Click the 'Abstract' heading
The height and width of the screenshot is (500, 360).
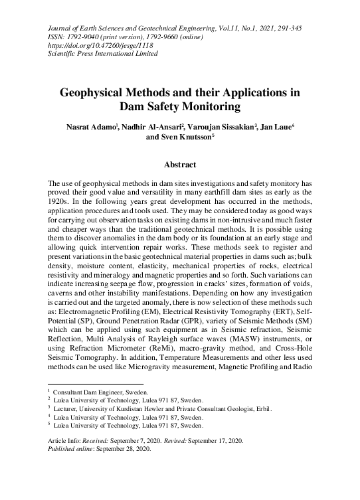(x=179, y=164)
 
